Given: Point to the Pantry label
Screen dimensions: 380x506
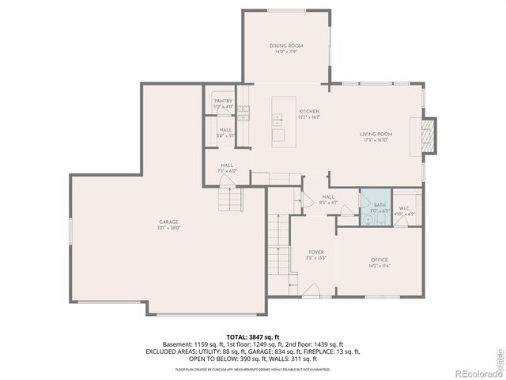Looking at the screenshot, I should (224, 101).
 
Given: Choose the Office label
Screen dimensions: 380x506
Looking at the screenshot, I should (379, 260).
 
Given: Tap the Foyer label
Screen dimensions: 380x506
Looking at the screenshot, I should (315, 252).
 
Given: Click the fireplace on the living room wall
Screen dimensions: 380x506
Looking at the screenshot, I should (427, 135).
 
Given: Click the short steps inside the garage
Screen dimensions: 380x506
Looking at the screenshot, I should (228, 198).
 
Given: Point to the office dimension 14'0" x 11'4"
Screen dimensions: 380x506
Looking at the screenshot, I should (379, 266).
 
